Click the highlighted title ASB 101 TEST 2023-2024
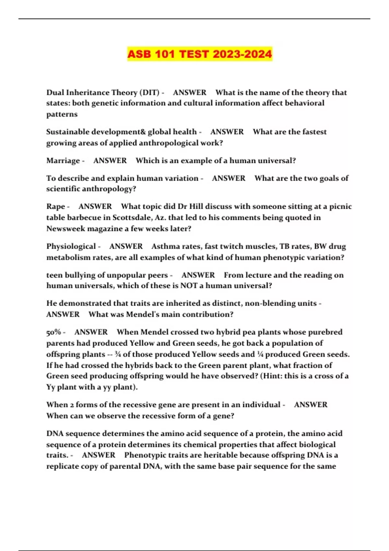pyautogui.click(x=199, y=54)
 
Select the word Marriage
pyautogui.click(x=63, y=161)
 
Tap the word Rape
pyautogui.click(x=55, y=207)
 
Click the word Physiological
pyautogui.click(x=71, y=247)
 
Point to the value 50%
pyautogui.click(x=53, y=332)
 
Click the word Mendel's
pyautogui.click(x=145, y=314)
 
